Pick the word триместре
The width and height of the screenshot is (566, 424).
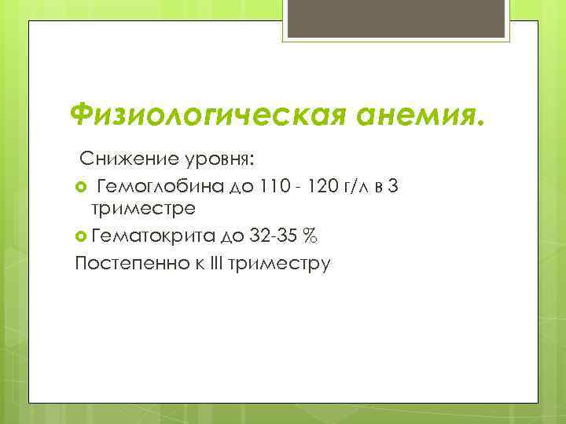coord(143,210)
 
